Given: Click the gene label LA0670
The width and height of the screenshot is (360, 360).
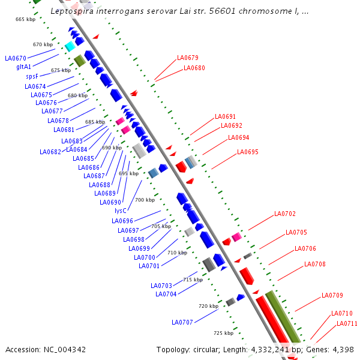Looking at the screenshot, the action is [16, 58].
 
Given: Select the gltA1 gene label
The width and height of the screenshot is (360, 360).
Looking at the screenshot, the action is [24, 67].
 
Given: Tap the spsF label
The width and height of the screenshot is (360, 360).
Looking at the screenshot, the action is [32, 76].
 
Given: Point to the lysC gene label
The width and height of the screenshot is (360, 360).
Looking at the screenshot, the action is [121, 211].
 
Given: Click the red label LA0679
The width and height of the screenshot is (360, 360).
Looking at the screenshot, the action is [188, 58].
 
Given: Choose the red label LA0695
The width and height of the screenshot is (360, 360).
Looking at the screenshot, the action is [248, 152].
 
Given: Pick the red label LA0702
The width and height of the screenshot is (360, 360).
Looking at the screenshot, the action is [285, 214].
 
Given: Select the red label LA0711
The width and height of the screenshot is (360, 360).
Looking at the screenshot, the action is [347, 323].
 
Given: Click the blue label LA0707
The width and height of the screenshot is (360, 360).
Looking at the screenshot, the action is [182, 322].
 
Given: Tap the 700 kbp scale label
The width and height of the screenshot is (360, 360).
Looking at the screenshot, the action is [145, 200].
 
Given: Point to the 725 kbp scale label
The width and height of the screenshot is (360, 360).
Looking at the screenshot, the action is [223, 332].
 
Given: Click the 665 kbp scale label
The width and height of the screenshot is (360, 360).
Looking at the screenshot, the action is [25, 20].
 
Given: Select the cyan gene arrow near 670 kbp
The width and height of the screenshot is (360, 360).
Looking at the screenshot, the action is [70, 46].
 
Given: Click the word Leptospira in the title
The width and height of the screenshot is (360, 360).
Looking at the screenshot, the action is [74, 11].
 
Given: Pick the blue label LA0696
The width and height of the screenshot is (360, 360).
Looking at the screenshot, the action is [122, 221].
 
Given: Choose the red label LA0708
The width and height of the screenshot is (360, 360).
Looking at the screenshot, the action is [315, 264].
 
